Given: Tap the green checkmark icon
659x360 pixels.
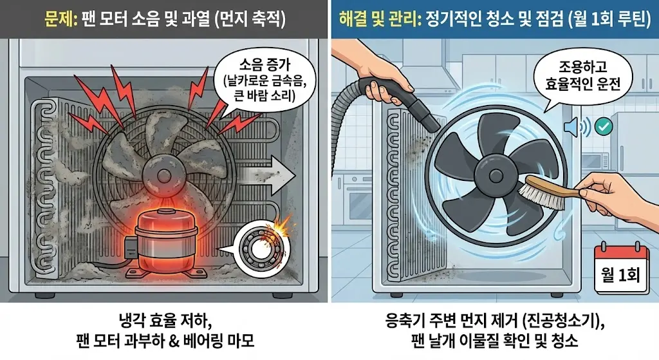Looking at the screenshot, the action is [x=604, y=126].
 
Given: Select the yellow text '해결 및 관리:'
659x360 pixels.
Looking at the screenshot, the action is [x=380, y=19].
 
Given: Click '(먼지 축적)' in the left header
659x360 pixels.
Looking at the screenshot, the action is [x=250, y=19].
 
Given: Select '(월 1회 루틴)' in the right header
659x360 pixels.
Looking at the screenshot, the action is [x=609, y=19].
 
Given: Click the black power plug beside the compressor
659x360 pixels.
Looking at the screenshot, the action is [x=131, y=246].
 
